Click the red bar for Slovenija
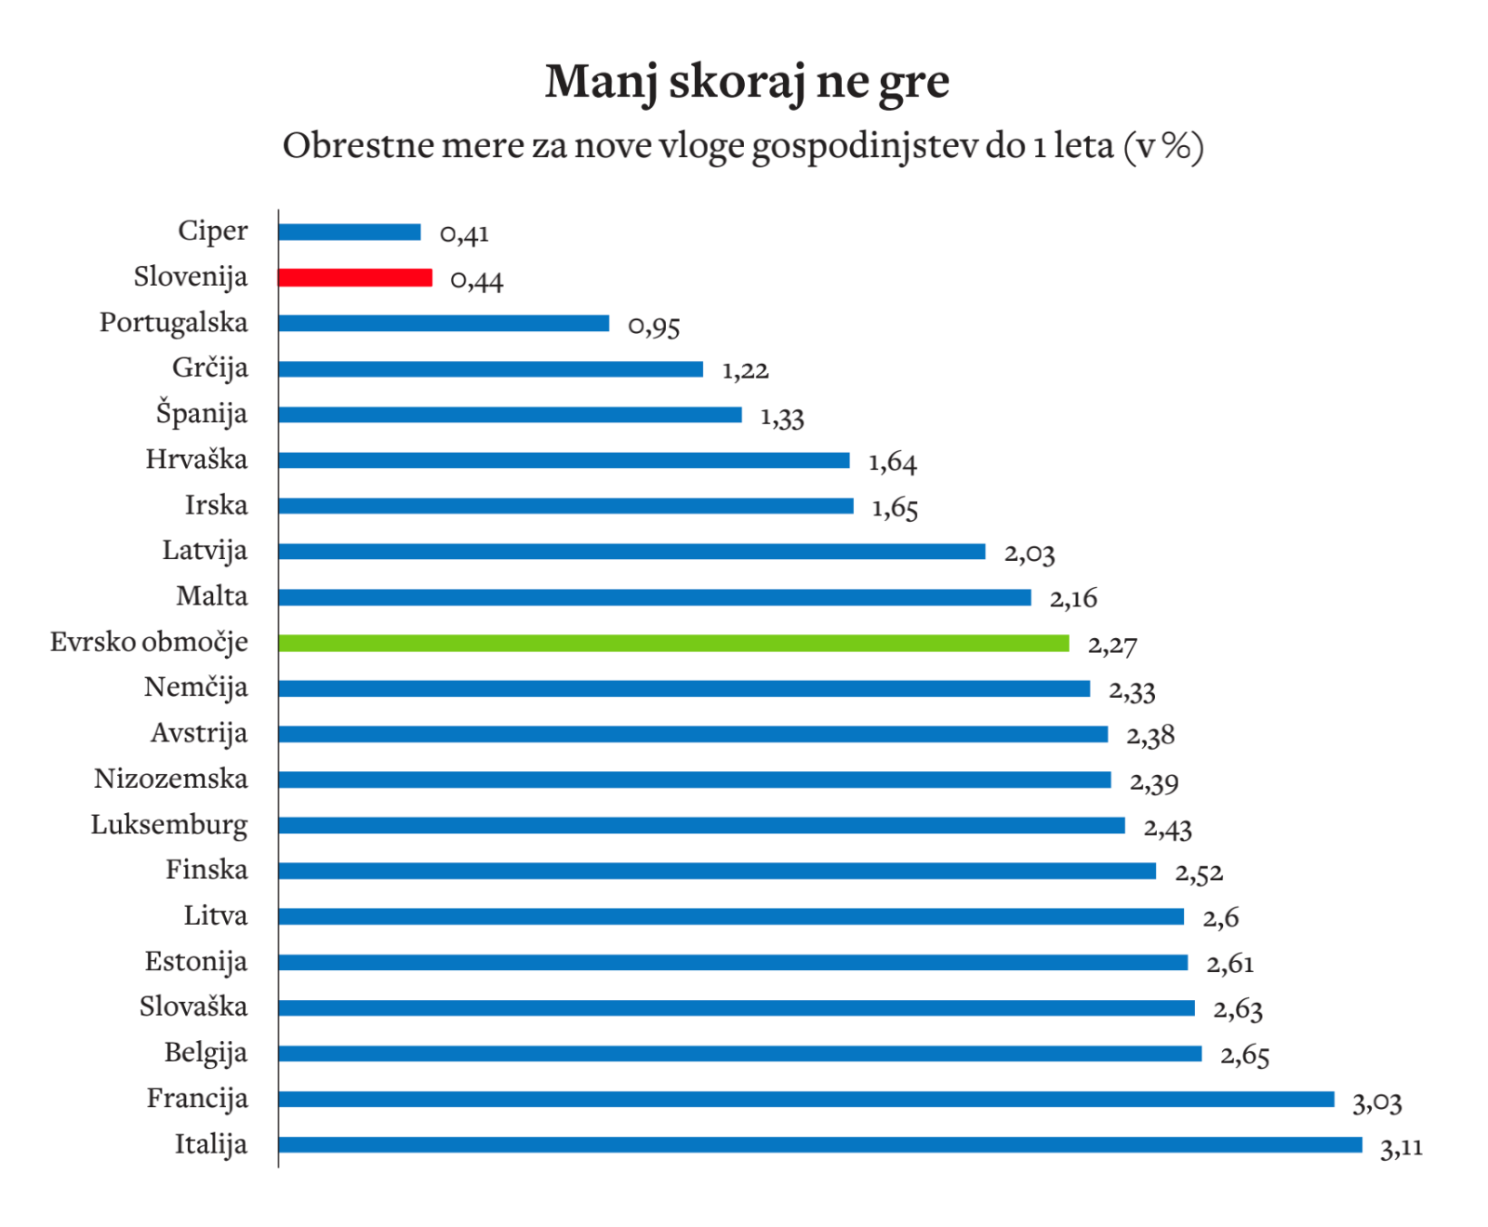[355, 277]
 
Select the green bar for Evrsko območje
[673, 643]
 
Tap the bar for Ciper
[350, 232]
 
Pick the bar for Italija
[819, 1144]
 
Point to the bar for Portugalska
[444, 323]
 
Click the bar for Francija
[805, 1099]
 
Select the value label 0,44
[476, 280]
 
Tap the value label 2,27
[1112, 645]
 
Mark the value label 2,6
[1220, 918]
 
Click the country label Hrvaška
[196, 460]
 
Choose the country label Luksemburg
[169, 825]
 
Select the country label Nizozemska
[171, 779]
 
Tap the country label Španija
[201, 413]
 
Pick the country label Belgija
[206, 1053]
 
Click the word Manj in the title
[600, 82]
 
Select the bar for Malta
[654, 597]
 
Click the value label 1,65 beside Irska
[895, 508]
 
